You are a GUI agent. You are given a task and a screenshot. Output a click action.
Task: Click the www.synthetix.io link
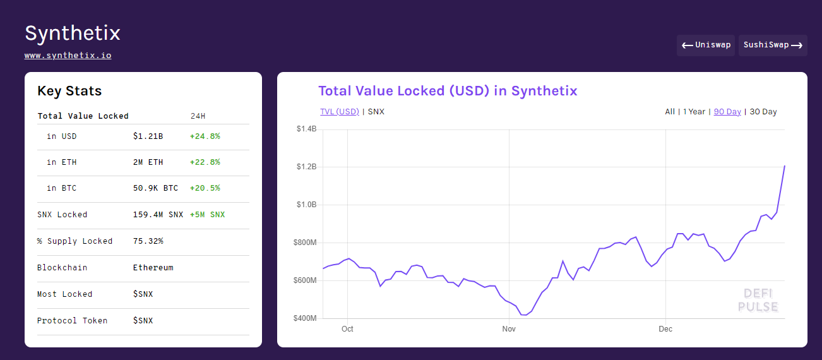point(68,56)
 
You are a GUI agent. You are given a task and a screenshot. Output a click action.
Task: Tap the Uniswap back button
point(706,45)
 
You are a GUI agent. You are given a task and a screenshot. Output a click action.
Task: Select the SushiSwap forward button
point(773,45)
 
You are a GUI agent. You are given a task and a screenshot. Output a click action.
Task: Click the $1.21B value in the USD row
point(148,136)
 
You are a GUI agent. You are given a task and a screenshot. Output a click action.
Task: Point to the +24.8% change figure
point(205,136)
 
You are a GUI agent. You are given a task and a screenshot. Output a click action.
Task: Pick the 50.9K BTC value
point(155,188)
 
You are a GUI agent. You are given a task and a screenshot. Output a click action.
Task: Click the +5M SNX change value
point(207,214)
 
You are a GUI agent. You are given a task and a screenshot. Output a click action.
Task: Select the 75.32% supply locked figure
point(148,241)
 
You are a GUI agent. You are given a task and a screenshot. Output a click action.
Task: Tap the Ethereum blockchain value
point(153,268)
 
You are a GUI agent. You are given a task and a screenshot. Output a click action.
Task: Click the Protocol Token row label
point(73,320)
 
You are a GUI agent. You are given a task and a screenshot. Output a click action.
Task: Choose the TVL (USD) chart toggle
point(340,112)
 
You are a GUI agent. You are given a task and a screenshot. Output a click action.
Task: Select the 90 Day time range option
point(727,112)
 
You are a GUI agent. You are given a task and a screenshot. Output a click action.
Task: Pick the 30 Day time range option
point(763,112)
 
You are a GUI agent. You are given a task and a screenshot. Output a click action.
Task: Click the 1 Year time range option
point(694,112)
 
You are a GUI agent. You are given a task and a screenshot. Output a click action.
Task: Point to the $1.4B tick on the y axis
point(306,129)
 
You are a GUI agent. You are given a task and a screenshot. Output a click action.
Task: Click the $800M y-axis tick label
point(305,243)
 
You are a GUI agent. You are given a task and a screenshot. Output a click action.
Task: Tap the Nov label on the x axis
point(509,329)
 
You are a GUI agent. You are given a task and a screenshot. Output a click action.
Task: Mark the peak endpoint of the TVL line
point(785,166)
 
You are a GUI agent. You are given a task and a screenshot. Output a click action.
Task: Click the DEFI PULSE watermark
point(758,300)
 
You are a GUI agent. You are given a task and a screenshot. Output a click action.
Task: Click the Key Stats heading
point(69,91)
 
